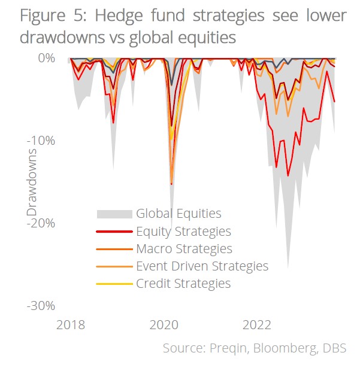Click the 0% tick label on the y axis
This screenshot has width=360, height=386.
tap(47, 58)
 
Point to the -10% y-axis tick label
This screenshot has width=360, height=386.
tap(42, 141)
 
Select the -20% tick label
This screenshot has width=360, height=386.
tap(42, 223)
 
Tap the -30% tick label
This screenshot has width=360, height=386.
tap(42, 306)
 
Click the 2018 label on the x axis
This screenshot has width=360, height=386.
tap(71, 326)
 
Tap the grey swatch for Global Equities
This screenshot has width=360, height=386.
tap(114, 214)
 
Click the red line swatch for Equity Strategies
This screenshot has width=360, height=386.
tap(114, 232)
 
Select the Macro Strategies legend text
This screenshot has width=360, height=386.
tap(184, 248)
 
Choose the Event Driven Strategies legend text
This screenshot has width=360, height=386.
tap(202, 266)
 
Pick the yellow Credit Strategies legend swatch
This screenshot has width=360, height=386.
tap(114, 284)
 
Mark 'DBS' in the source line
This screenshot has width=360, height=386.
tap(334, 348)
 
